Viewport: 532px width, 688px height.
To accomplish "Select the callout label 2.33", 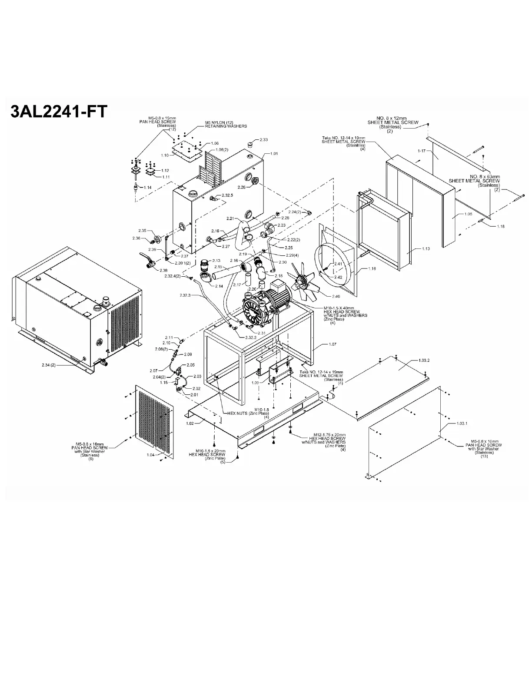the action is [x=263, y=139].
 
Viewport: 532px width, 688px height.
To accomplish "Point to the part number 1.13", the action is [x=426, y=249].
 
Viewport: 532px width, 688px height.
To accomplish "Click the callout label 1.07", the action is [x=332, y=344].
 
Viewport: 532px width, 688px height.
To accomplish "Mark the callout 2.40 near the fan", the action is [x=336, y=296].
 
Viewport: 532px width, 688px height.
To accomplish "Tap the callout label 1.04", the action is [x=150, y=455].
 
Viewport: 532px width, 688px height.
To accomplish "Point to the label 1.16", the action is [x=372, y=269].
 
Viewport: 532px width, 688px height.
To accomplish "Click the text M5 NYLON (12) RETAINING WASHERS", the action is [x=226, y=124].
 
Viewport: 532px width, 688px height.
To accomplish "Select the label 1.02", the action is [x=190, y=423].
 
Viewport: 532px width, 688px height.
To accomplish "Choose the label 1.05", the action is [x=468, y=214].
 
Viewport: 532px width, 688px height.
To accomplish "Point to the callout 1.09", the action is [x=256, y=383].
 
